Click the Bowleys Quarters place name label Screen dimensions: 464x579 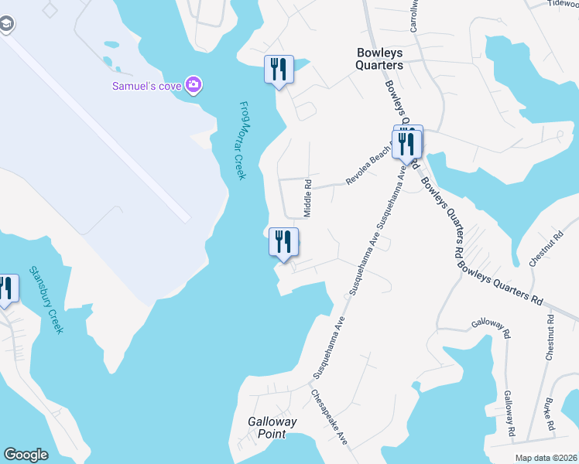379,59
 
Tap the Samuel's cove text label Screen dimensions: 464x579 147,85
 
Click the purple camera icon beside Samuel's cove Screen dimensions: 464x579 193,84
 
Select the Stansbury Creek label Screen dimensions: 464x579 45,300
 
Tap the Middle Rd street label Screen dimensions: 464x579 307,199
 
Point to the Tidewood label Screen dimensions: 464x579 563,4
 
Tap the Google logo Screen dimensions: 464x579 26,455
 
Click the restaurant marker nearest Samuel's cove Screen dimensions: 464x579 279,70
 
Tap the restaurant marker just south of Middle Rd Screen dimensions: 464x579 283,242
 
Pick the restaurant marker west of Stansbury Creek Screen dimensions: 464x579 6,288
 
